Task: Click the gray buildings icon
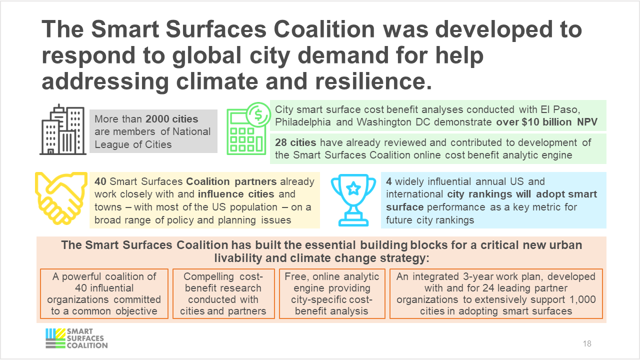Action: [x=62, y=130]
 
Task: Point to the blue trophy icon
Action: [x=353, y=199]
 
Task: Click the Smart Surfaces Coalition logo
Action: [x=76, y=338]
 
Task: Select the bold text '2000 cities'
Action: [x=172, y=119]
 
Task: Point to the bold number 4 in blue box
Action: [x=389, y=181]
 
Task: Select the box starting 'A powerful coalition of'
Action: [x=104, y=293]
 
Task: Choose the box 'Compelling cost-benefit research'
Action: [x=222, y=293]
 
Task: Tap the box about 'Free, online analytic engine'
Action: [x=332, y=293]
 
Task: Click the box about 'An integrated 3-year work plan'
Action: [x=495, y=293]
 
